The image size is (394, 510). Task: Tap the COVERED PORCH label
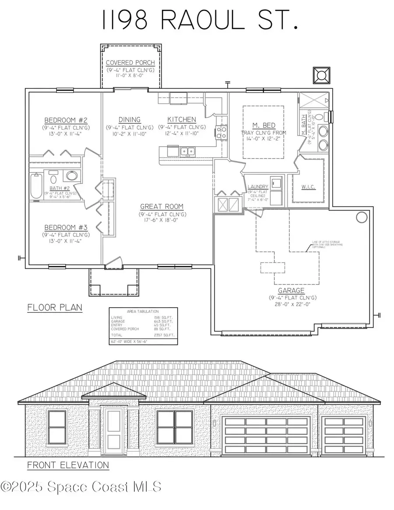[x=130, y=63]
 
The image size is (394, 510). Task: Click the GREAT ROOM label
[x=162, y=207]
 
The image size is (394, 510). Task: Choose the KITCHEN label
[x=182, y=120]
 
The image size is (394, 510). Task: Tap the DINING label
[x=129, y=120]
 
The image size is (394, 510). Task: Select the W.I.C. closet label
[x=308, y=187]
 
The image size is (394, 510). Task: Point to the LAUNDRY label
[x=257, y=187]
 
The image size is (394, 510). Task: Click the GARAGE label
[x=291, y=290]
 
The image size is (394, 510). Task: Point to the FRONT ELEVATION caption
[x=68, y=465]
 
